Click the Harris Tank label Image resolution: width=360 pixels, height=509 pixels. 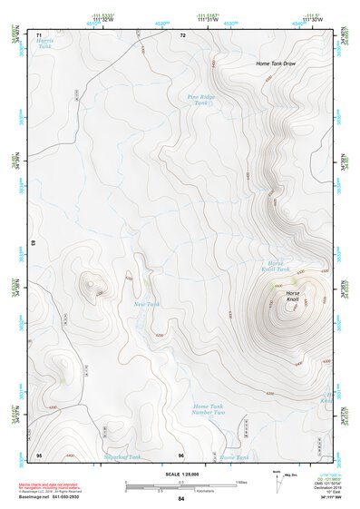[x=44, y=43]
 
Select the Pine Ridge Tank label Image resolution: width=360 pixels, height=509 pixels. [x=201, y=99]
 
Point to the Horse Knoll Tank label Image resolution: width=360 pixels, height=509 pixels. [x=276, y=266]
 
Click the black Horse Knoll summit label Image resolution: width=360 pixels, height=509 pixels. [x=292, y=299]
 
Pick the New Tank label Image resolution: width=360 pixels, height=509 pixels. [x=146, y=304]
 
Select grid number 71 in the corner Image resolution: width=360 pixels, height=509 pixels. [x=39, y=34]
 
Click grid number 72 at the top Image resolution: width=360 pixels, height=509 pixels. [x=182, y=34]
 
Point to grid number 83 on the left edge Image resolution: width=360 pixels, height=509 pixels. [x=34, y=243]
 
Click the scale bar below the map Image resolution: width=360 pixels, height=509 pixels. [x=180, y=484]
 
